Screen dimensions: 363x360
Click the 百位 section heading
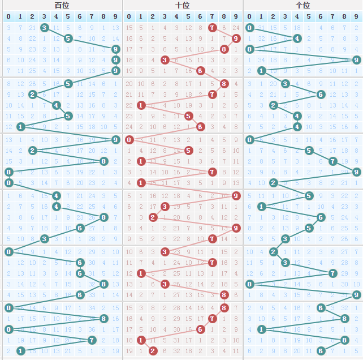pos(62,5)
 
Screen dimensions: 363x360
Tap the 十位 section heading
pos(183,5)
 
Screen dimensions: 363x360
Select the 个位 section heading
pos(303,5)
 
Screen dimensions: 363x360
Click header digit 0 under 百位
pos(8,16)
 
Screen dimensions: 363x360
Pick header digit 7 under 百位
pos(92,16)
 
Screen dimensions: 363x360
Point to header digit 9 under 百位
pos(115,16)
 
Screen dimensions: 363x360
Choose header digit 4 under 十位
pos(176,16)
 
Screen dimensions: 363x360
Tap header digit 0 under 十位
pos(129,16)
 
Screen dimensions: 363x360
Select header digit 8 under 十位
pos(224,16)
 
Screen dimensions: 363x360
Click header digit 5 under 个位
pos(309,16)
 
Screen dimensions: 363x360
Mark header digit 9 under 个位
pos(356,16)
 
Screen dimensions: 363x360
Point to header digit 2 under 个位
pos(273,16)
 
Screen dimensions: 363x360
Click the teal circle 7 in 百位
pos(92,340)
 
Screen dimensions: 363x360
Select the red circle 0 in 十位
pos(129,140)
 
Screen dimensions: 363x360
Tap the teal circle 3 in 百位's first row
pos(44,28)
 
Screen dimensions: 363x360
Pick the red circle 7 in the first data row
pos(212,28)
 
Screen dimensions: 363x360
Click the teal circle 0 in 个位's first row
pos(249,28)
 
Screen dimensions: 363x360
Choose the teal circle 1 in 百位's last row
pos(20,351)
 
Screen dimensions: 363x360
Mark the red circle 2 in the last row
pos(153,351)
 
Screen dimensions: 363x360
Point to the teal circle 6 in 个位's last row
pos(321,351)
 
